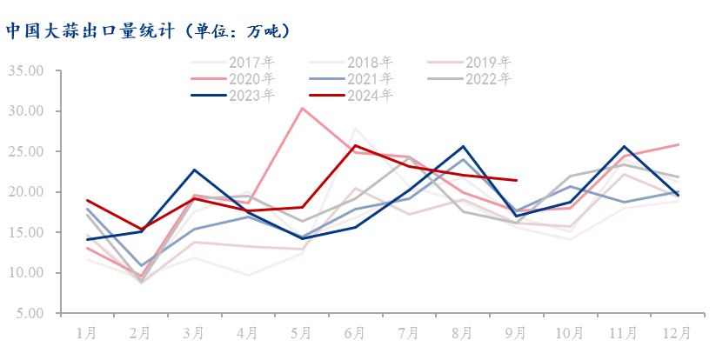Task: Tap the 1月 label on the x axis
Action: click(x=87, y=332)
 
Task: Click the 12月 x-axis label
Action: click(x=679, y=332)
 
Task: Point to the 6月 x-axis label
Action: click(x=355, y=332)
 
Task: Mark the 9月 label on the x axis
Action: click(x=517, y=332)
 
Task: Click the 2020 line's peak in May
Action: click(x=302, y=109)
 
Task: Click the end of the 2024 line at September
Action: click(x=517, y=181)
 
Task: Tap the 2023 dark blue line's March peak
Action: click(x=194, y=170)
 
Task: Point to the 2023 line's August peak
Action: click(x=463, y=146)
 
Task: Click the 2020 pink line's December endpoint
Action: click(x=679, y=144)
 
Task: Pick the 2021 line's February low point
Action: click(x=141, y=265)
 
